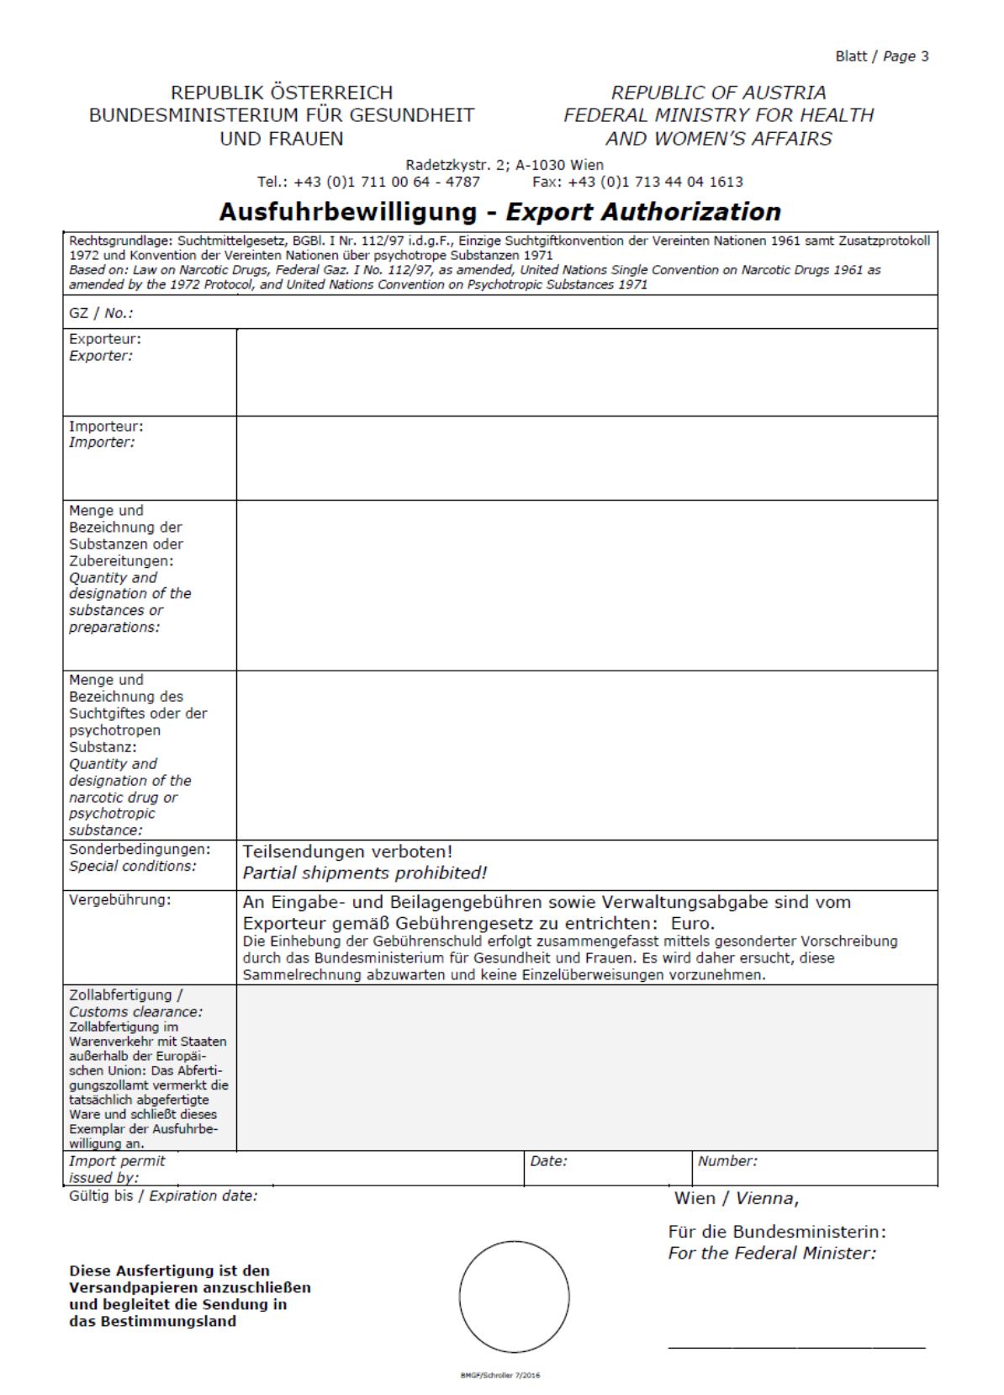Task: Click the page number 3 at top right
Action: [x=925, y=56]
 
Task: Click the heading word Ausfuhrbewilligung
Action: [x=347, y=211]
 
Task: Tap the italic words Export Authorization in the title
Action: [x=643, y=211]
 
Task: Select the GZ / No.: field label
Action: [x=101, y=313]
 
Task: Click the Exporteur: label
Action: [x=105, y=339]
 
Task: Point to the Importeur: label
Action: [x=106, y=427]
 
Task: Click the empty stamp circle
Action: [x=514, y=1297]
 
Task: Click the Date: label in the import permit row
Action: [x=548, y=1161]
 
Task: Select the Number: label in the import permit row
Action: [x=727, y=1161]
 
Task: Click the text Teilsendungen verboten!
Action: [x=347, y=851]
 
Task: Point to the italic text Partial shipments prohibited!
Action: [x=364, y=873]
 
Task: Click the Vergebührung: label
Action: [x=119, y=900]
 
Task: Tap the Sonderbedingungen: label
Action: [x=140, y=849]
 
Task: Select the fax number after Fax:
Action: [x=655, y=182]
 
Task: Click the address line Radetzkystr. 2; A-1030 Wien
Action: [x=505, y=165]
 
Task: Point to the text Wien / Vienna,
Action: [x=736, y=1198]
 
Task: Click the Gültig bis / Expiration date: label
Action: [x=163, y=1196]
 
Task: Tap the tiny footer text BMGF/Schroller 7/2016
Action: [x=500, y=1376]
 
